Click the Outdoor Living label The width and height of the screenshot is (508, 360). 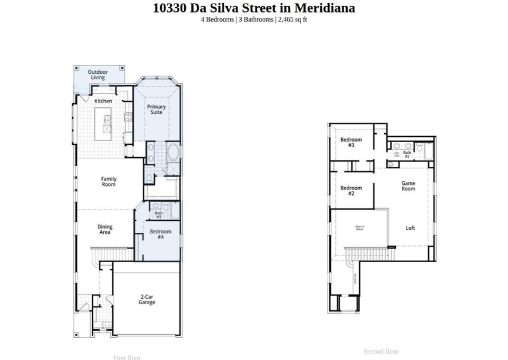point(98,75)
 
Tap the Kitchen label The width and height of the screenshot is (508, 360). point(103,101)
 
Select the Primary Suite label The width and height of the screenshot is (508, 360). point(157,110)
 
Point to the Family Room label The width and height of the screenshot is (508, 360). point(109,182)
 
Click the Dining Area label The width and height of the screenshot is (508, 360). point(105,230)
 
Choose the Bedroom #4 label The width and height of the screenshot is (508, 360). point(160,234)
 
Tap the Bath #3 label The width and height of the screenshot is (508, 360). point(159,214)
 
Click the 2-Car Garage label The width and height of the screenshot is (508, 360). point(147,299)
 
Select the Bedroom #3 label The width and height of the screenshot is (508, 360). point(351,142)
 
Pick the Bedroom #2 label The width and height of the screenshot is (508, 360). point(351,191)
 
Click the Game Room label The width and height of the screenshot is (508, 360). point(408,185)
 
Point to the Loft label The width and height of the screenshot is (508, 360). point(410,228)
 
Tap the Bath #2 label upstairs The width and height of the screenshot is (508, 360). point(407,154)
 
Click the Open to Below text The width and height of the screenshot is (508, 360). point(360,227)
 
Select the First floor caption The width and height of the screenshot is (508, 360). point(127,358)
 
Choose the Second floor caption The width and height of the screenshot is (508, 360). point(381,352)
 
